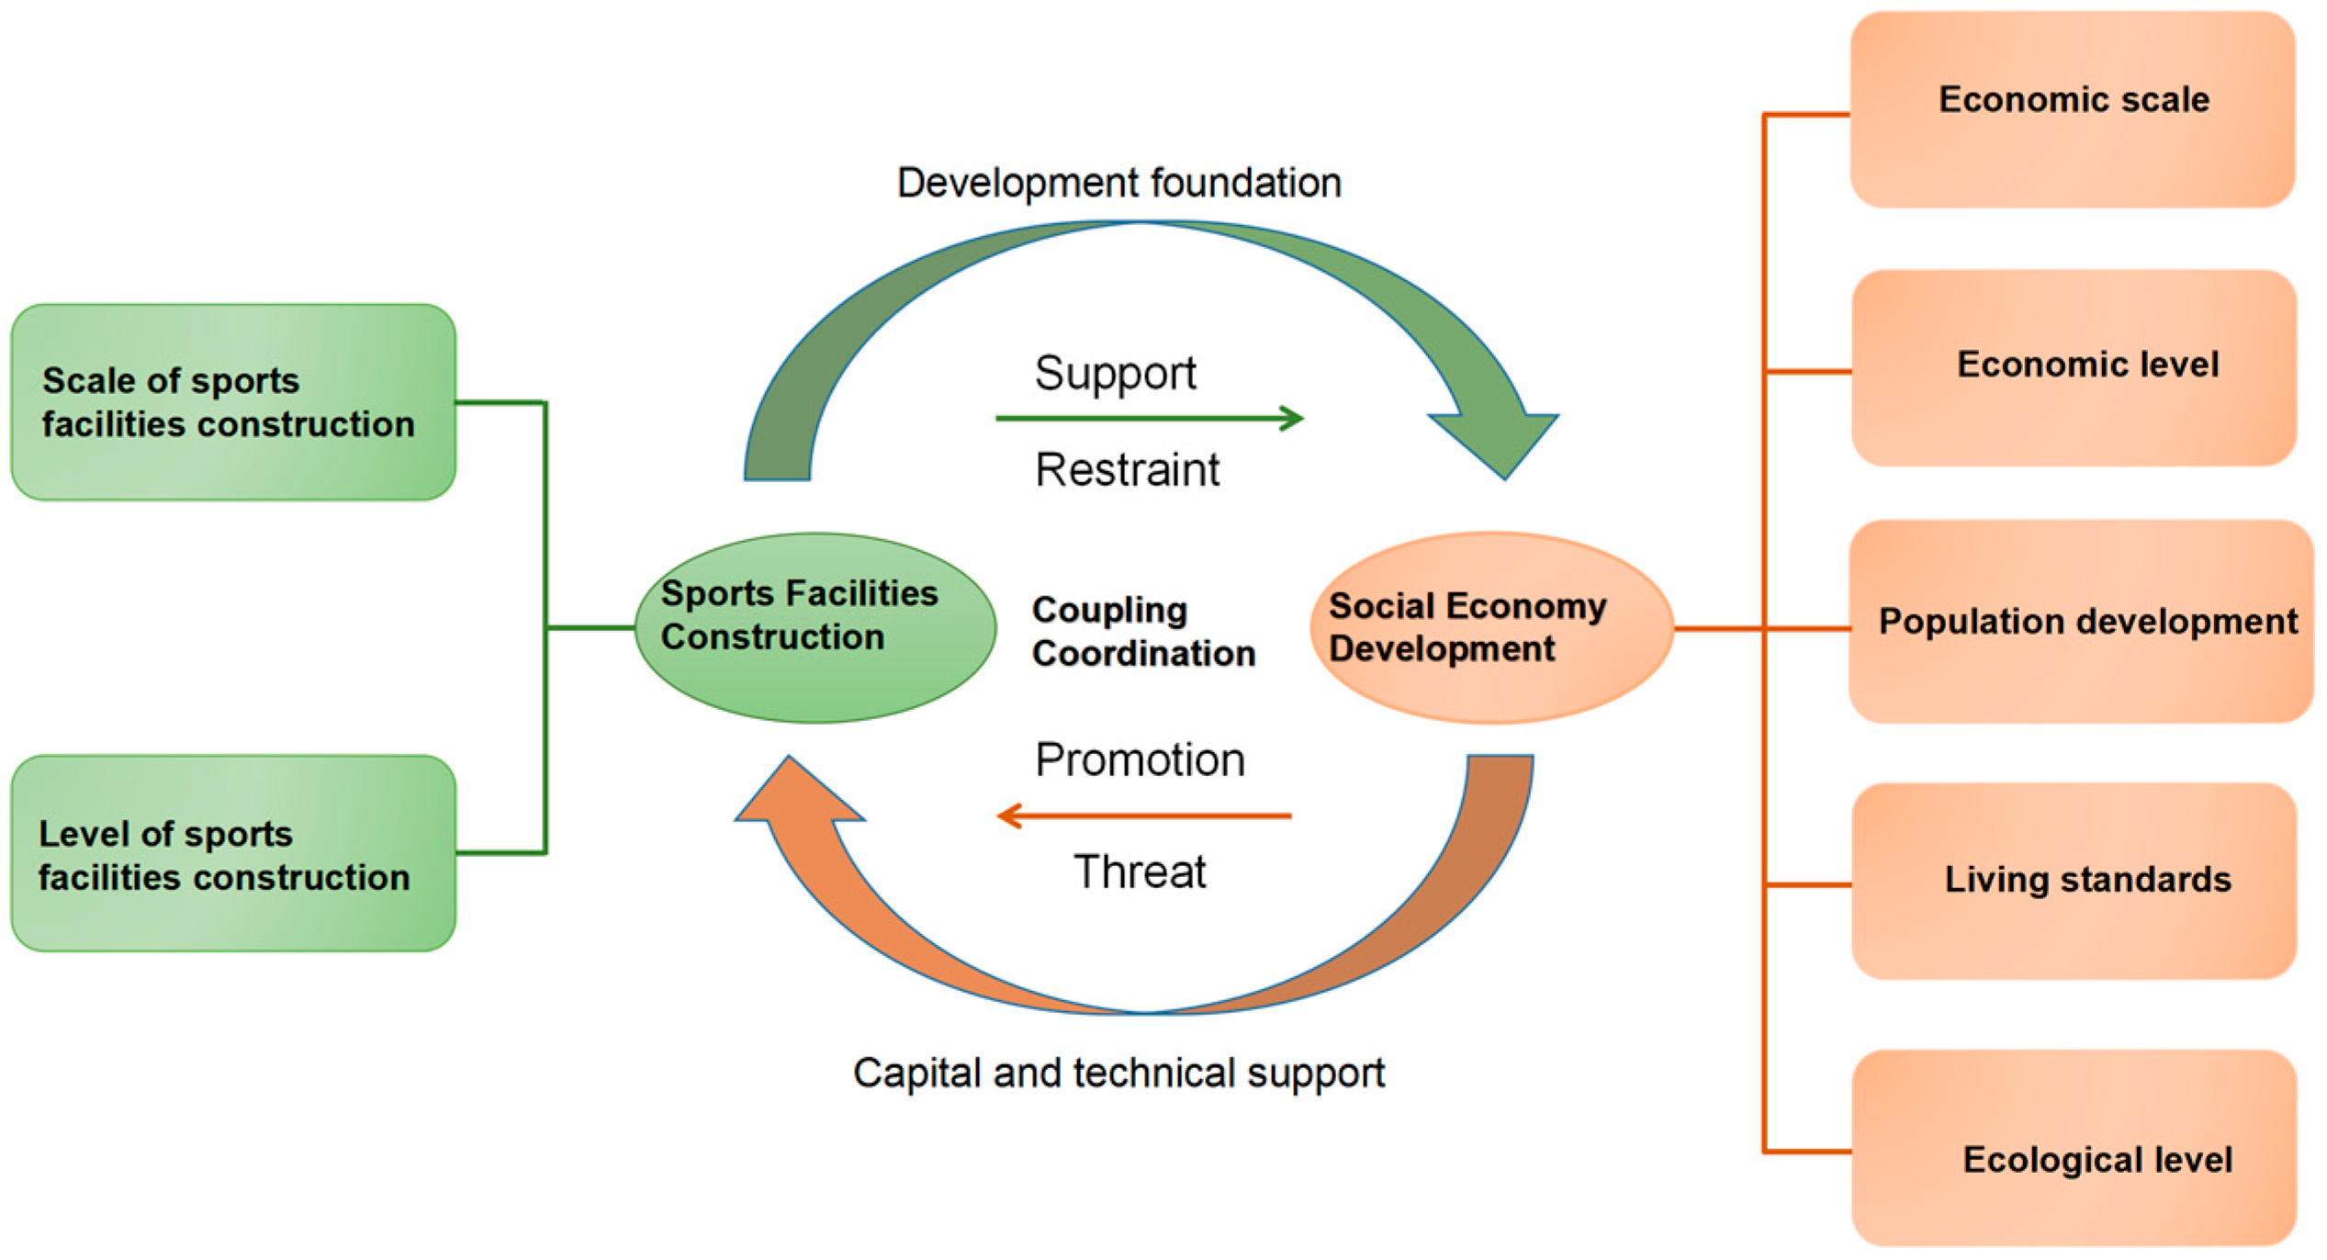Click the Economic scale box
[x=2073, y=108]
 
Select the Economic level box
[x=2074, y=367]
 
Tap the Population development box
[x=2080, y=622]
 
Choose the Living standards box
[x=2074, y=881]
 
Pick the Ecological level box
[x=2074, y=1148]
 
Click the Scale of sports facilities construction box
[x=233, y=402]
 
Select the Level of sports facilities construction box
[x=233, y=853]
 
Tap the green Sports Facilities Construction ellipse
[x=815, y=628]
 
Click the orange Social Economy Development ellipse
[x=1490, y=628]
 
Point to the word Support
[x=1115, y=374]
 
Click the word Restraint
[x=1127, y=470]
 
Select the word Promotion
[x=1140, y=760]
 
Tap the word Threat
[x=1140, y=872]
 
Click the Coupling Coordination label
[x=1142, y=632]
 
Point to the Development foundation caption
[x=1119, y=183]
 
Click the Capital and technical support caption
[x=1119, y=1073]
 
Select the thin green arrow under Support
[x=1148, y=419]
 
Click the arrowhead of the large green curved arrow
[x=1497, y=441]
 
